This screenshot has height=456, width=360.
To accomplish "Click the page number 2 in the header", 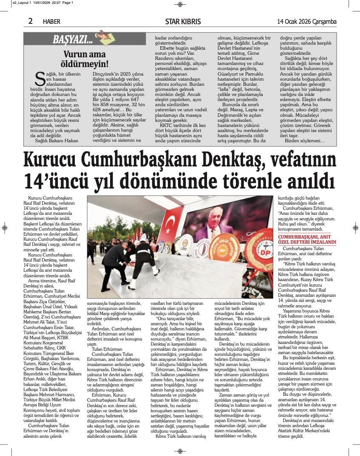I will (30, 21).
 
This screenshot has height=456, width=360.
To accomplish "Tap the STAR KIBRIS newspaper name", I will (183, 22).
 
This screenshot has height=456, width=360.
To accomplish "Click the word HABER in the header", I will (52, 22).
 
